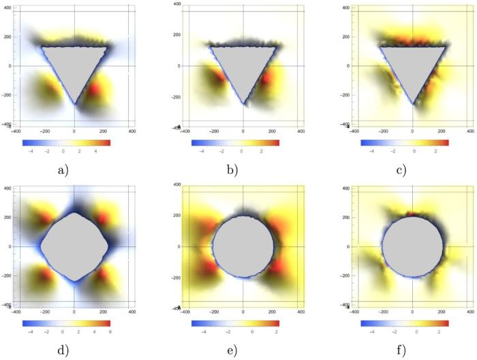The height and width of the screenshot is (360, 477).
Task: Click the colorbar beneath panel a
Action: click(x=66, y=142)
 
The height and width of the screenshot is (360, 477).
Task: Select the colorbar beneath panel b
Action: click(x=235, y=142)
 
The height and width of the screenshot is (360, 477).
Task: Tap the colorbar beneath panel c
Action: click(x=405, y=142)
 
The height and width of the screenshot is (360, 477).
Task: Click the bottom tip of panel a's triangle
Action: click(x=74, y=104)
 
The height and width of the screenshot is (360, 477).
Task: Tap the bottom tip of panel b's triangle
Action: click(x=243, y=104)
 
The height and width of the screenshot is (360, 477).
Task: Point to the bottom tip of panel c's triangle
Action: click(x=412, y=104)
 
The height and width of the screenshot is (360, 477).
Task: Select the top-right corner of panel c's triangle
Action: click(x=446, y=46)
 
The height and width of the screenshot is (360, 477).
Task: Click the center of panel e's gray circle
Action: click(x=243, y=246)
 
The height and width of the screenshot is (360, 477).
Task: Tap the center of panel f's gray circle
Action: click(x=412, y=246)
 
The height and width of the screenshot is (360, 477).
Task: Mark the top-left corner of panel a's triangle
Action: click(x=41, y=46)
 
